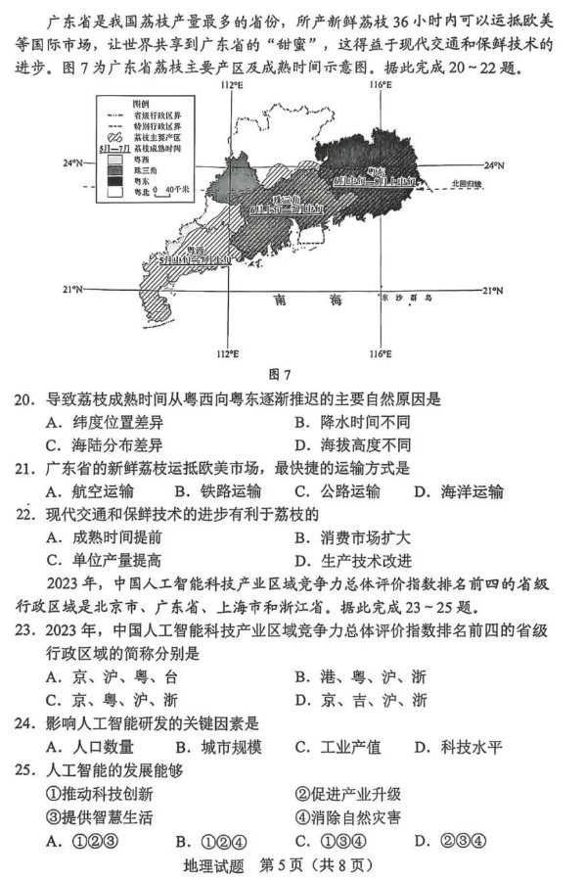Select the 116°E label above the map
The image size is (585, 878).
pyautogui.click(x=380, y=86)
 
